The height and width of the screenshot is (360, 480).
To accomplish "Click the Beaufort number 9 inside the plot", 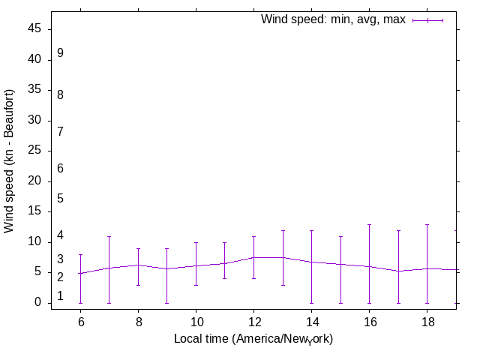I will (x=60, y=53).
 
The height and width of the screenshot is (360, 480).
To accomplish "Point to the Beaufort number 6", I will (x=60, y=169).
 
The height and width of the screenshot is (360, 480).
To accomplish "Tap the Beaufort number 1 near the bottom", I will (x=60, y=296).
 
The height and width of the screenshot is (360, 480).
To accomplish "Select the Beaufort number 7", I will (x=60, y=131).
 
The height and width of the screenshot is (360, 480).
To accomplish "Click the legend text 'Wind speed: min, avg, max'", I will (x=333, y=19).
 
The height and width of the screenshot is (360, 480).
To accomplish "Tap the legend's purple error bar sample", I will (x=427, y=20).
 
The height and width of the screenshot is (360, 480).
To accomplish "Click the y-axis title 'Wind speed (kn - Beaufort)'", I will (x=10, y=160).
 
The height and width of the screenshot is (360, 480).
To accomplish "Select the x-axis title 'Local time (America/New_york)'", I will (x=253, y=339).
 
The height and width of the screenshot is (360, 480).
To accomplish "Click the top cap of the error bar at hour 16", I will (x=369, y=224).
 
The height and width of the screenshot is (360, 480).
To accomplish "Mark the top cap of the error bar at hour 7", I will (x=109, y=236).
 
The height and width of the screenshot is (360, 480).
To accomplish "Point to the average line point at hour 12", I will (x=253, y=257).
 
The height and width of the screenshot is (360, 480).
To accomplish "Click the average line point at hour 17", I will (x=398, y=271).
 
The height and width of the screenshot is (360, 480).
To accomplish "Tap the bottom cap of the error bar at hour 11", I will (x=224, y=279).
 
